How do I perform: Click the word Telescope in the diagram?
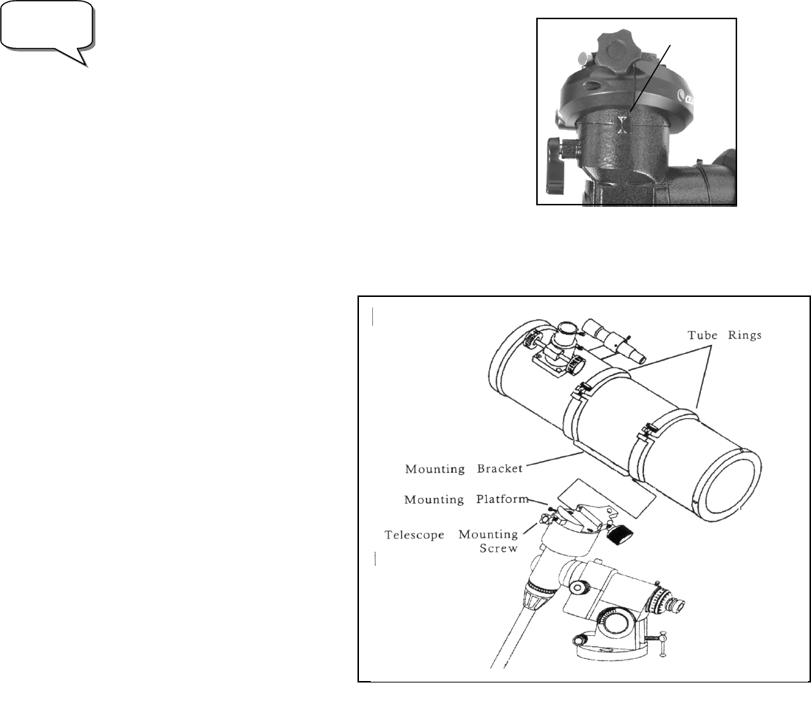click(414, 534)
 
